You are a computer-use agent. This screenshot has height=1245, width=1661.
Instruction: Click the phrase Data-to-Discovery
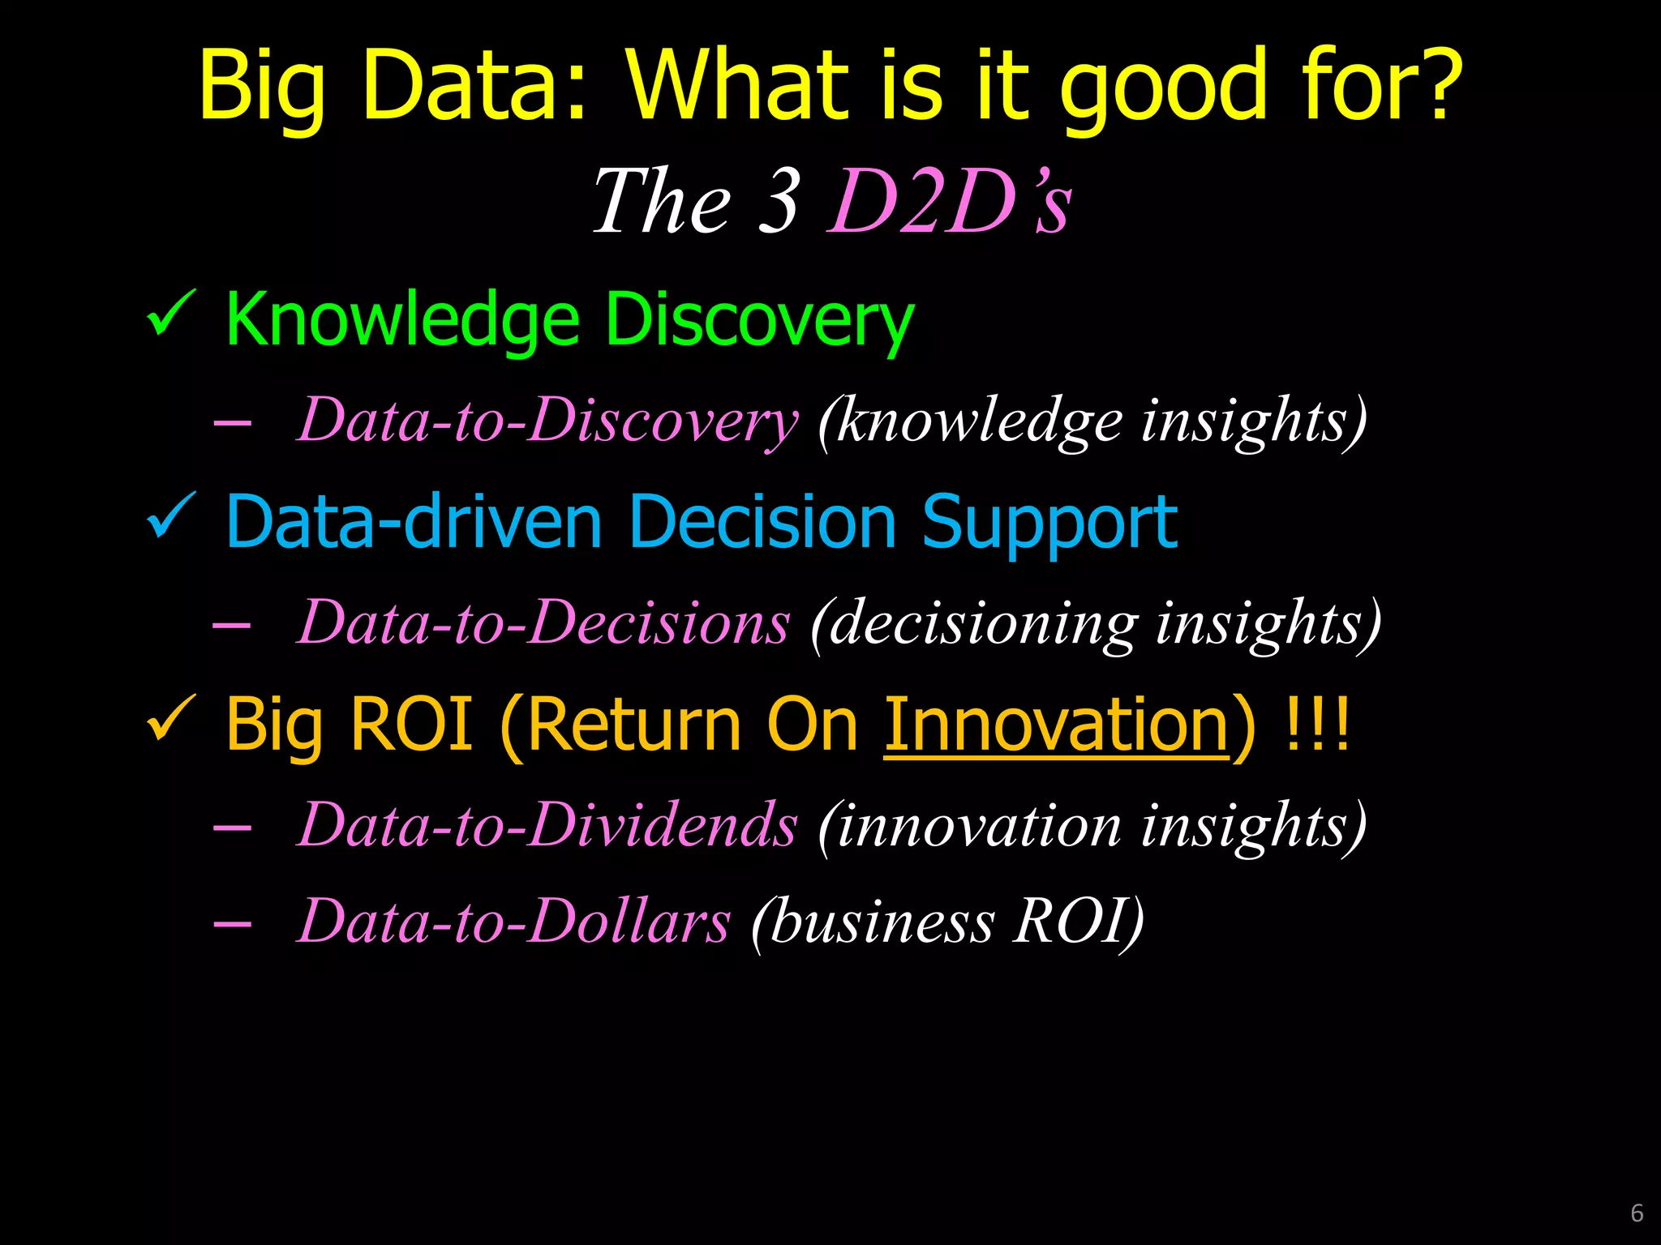[x=547, y=421]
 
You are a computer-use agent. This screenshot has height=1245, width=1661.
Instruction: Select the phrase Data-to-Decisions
[x=543, y=622]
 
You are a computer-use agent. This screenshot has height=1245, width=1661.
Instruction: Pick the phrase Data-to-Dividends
[x=547, y=825]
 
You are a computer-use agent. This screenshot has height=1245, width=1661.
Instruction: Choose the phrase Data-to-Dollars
[x=514, y=922]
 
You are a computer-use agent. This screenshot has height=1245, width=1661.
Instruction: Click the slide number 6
[x=1636, y=1213]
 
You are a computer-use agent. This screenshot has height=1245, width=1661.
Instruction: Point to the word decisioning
[x=985, y=624]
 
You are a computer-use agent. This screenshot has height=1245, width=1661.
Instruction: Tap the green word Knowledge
[x=402, y=320]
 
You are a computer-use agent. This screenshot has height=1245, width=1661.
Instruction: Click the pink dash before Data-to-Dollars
[x=232, y=923]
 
